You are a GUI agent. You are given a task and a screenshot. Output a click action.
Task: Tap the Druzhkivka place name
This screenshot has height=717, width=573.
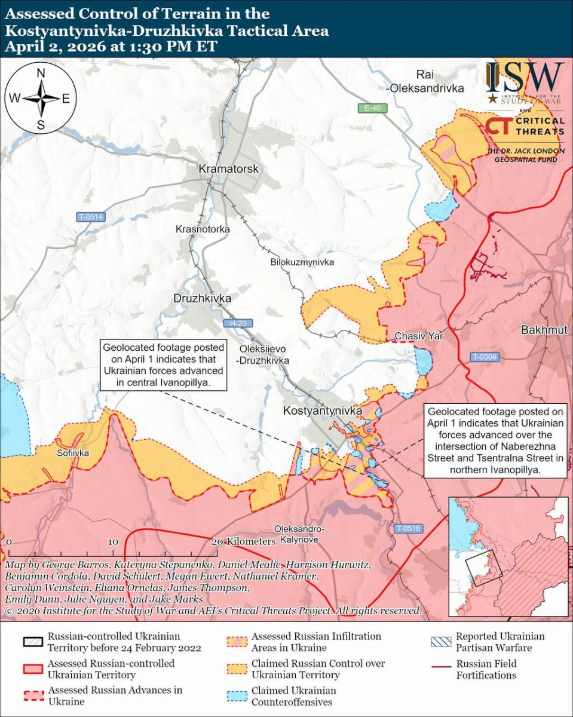point(202,298)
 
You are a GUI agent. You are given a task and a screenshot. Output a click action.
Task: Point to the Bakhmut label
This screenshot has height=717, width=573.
point(544,330)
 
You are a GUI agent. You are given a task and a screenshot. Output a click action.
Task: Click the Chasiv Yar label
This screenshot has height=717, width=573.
point(418,337)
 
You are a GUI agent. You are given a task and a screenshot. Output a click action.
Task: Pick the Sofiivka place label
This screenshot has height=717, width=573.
point(73,454)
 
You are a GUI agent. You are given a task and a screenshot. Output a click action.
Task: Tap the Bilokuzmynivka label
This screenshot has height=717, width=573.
point(302,262)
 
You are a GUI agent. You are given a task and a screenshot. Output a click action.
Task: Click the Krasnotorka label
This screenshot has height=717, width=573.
point(203,229)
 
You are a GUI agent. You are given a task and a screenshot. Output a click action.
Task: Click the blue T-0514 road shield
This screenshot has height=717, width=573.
point(91,217)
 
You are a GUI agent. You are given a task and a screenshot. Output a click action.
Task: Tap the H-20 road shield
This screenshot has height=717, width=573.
point(238,323)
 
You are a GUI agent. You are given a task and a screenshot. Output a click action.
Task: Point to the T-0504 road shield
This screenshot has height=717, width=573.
point(483,357)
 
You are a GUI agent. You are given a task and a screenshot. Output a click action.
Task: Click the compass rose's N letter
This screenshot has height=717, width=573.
point(41,73)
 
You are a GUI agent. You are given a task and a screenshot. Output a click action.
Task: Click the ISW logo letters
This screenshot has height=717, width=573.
point(525,76)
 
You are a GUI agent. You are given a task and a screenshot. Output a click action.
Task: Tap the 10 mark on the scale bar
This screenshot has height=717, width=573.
point(113,541)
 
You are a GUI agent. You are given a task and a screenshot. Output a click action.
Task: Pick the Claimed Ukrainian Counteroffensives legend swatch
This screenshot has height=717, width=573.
point(237,696)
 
